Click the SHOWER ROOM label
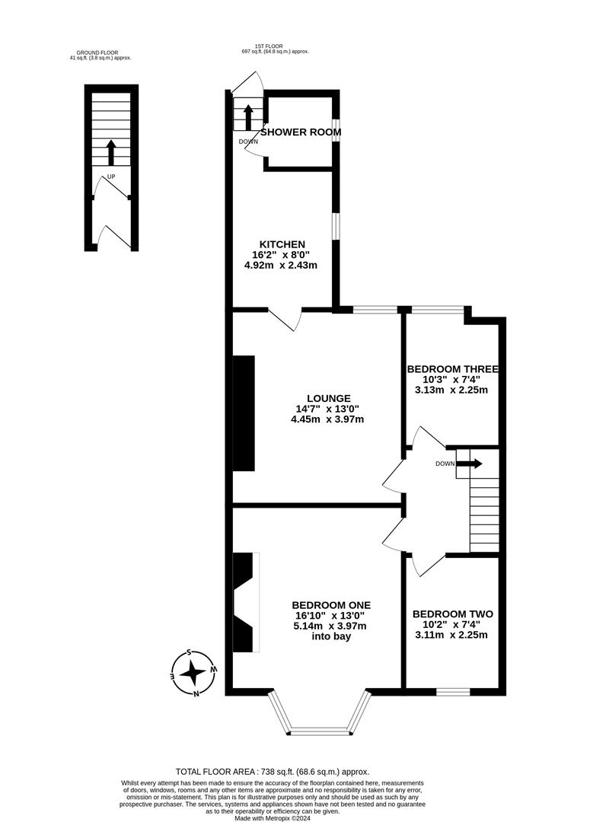coord(301,132)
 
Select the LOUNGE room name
coord(328,398)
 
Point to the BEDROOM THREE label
coord(452,368)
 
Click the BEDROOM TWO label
coord(452,614)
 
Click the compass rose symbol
coord(193,673)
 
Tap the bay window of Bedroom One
coord(320,722)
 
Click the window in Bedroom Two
coord(452,691)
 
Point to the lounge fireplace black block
coord(244,415)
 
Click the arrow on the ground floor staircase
coord(111,152)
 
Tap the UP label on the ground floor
coord(111,177)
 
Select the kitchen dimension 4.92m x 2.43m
coord(280,266)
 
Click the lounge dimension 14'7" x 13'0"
coord(327,409)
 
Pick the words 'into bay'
coord(331,636)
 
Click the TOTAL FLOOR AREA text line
coord(272,772)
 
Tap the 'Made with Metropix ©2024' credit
coord(272,817)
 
